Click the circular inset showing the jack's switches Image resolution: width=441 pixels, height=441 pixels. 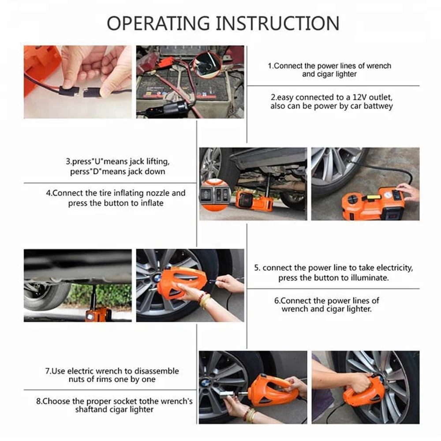click(215, 194)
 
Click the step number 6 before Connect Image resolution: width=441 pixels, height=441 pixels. click(277, 301)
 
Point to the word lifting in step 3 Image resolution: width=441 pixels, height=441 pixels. click(158, 162)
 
